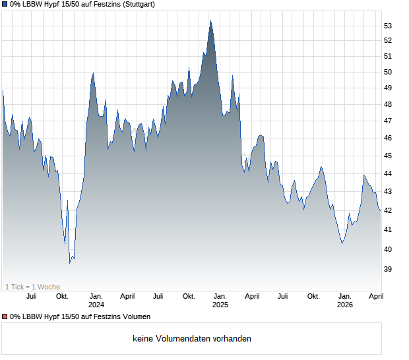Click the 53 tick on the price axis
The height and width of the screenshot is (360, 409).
click(388, 26)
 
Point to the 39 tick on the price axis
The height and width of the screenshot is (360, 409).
click(388, 269)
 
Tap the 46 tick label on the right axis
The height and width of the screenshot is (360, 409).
click(388, 138)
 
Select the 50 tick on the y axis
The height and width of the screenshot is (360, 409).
click(388, 72)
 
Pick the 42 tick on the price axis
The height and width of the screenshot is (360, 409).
click(388, 210)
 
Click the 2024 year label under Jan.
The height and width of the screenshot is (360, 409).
click(96, 305)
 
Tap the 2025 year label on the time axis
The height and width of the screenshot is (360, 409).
click(220, 305)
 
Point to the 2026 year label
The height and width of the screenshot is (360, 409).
click(344, 305)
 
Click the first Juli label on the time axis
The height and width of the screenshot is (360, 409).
click(31, 296)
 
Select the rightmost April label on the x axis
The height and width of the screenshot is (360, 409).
click(375, 296)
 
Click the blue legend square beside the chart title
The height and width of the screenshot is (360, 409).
click(5, 5)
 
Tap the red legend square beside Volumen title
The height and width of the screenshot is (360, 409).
click(5, 316)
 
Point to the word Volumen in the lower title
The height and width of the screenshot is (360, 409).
click(135, 316)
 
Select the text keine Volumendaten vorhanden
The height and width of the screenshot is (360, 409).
click(192, 339)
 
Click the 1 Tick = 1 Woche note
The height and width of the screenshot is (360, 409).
click(32, 287)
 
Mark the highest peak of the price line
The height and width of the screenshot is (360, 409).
click(210, 20)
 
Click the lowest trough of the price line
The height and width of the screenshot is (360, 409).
click(70, 263)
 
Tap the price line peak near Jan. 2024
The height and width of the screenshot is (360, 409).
click(93, 73)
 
